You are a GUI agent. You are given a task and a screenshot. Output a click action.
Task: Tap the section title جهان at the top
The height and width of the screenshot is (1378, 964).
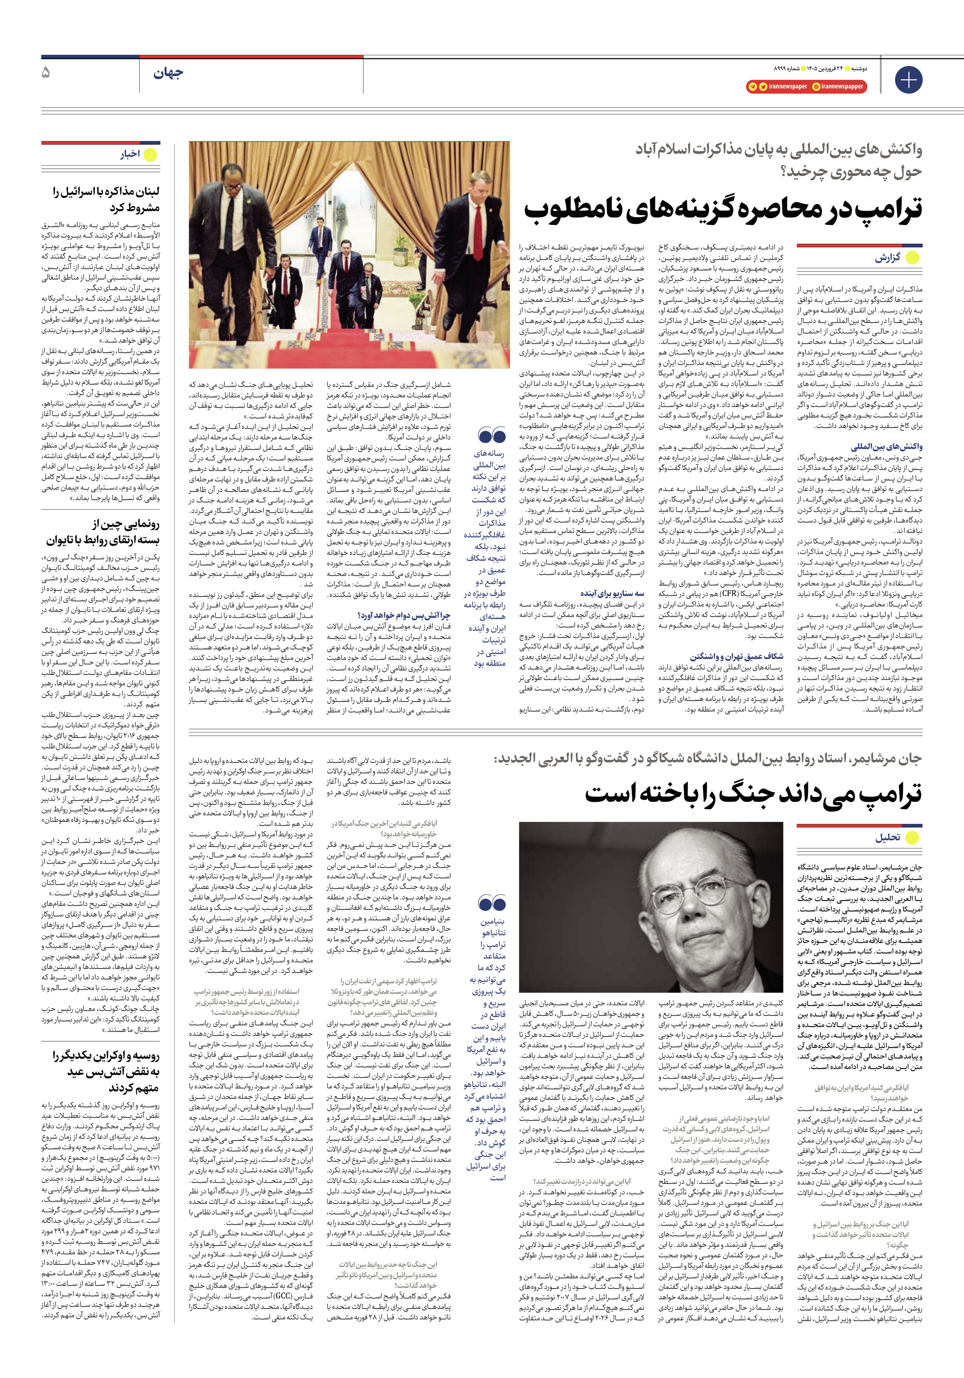point(168,73)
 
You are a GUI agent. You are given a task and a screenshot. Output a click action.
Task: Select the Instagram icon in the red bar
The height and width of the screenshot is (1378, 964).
point(816,86)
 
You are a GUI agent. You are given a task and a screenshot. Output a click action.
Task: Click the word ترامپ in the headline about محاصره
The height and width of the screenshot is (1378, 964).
point(882,210)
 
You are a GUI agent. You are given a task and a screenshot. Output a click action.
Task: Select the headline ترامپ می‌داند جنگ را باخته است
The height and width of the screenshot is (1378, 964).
point(753,793)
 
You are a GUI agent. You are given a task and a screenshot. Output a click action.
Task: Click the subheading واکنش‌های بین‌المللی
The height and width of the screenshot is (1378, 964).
point(886,446)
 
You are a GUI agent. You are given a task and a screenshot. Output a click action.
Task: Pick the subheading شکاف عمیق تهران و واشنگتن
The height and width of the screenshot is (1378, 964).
point(736,657)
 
